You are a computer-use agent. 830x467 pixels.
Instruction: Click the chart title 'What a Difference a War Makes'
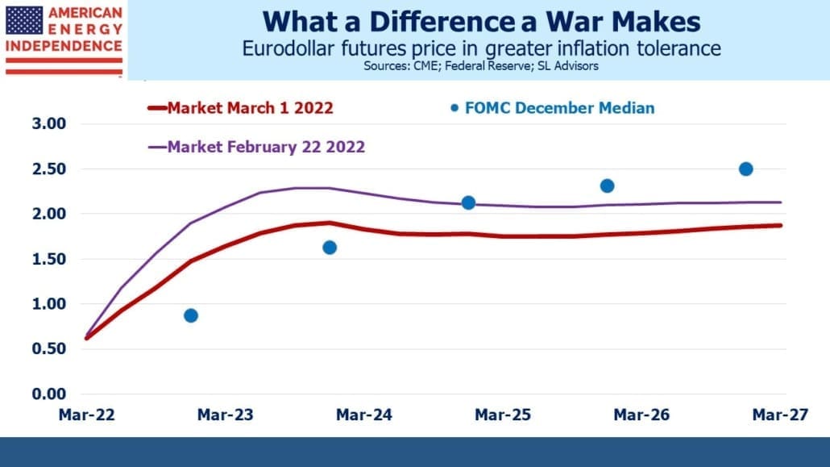(x=481, y=23)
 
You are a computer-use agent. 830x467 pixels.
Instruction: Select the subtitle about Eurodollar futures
(x=481, y=48)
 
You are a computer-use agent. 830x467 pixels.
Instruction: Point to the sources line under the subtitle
(x=481, y=66)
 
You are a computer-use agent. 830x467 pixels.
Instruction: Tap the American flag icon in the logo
(x=24, y=20)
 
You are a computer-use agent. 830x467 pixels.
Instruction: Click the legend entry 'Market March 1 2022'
(x=241, y=108)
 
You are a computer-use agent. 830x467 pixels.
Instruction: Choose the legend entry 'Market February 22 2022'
(x=257, y=147)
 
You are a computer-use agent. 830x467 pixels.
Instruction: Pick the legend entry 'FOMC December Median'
(x=553, y=108)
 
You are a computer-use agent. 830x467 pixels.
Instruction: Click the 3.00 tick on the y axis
(x=48, y=123)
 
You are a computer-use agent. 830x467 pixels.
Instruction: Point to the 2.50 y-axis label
(x=48, y=169)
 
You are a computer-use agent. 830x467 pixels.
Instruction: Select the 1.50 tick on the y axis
(x=48, y=259)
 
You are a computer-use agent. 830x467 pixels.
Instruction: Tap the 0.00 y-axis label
(x=48, y=394)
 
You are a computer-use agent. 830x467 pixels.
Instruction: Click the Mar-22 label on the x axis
(x=87, y=415)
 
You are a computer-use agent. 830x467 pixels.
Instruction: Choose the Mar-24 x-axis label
(x=364, y=415)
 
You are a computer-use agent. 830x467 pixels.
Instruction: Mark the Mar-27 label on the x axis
(x=780, y=415)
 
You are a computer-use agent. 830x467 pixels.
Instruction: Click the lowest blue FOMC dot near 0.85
(x=191, y=316)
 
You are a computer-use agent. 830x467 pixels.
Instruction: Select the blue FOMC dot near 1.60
(x=330, y=248)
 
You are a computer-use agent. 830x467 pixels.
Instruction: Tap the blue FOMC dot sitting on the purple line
(x=468, y=203)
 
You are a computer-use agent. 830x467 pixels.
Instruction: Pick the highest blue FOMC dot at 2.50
(x=746, y=169)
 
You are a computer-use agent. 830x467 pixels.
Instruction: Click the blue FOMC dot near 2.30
(x=607, y=186)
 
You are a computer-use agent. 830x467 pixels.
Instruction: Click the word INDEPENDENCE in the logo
(x=64, y=46)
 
